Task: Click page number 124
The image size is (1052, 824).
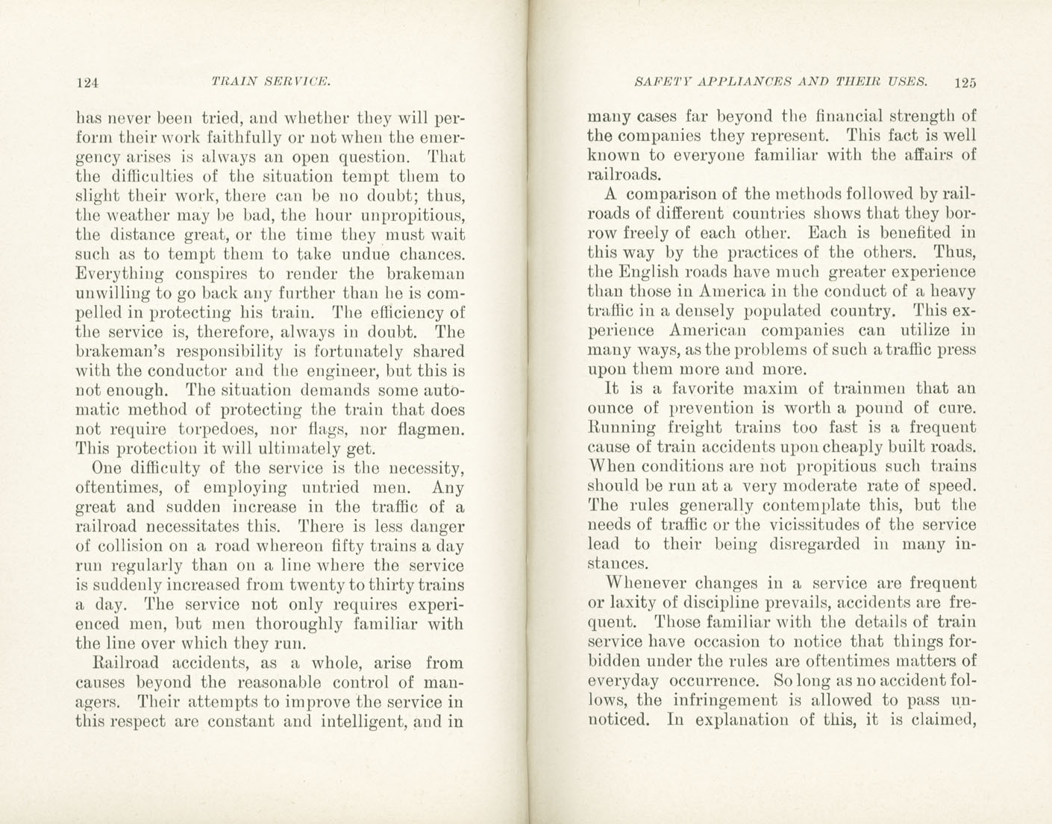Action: pyautogui.click(x=87, y=83)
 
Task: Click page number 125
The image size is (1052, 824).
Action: pyautogui.click(x=963, y=83)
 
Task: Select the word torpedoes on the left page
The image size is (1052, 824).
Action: pyautogui.click(x=219, y=430)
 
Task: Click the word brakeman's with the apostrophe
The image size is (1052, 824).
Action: pyautogui.click(x=119, y=352)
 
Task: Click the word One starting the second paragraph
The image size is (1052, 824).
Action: pyautogui.click(x=106, y=468)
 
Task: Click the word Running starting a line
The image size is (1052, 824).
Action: pyautogui.click(x=622, y=428)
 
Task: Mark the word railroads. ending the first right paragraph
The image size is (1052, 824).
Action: pyautogui.click(x=624, y=175)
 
